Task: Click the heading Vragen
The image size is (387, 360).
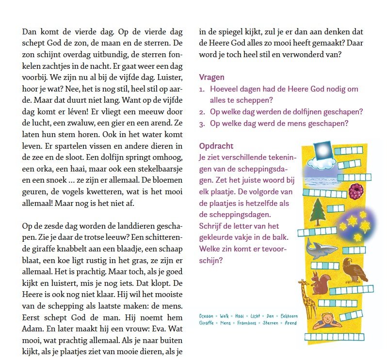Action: [x=211, y=78]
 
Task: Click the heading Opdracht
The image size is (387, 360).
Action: [x=216, y=146]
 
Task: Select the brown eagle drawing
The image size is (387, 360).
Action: [x=355, y=269]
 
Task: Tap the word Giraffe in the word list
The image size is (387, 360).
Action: [x=208, y=323]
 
